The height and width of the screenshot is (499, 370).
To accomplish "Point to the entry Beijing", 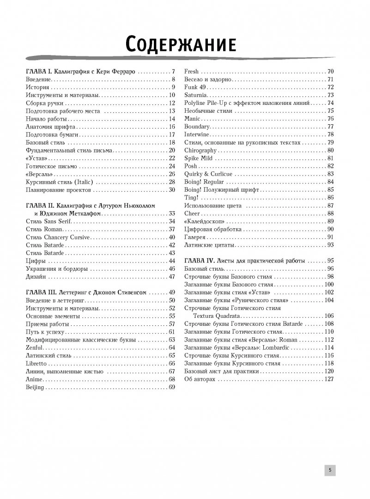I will (35, 387).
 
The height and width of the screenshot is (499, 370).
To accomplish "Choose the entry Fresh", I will (192, 72).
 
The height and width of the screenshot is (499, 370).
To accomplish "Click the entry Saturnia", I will (195, 95).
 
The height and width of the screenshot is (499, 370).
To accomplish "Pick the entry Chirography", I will (200, 150).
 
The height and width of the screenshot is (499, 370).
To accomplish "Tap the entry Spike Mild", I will (198, 158).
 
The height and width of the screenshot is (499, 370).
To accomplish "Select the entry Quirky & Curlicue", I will (208, 174).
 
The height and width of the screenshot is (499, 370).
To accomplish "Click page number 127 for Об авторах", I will (329, 379).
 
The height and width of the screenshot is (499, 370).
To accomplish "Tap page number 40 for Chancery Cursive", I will (172, 237).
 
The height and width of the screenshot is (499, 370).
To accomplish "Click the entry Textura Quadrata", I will (216, 316).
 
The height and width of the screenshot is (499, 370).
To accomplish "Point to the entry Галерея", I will (195, 237).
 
